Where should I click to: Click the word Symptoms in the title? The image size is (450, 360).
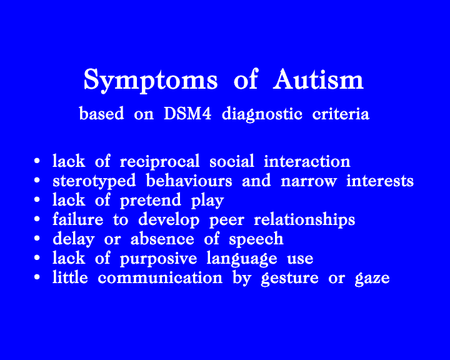tap(151, 81)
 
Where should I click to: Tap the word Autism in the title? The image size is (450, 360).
tap(318, 79)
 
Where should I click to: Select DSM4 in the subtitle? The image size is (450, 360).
tap(187, 114)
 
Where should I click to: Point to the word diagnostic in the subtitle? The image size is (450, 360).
tap(262, 114)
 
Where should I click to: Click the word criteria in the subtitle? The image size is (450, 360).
tap(341, 114)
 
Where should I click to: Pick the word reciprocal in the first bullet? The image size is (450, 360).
tap(159, 162)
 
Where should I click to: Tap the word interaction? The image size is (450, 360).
tap(307, 161)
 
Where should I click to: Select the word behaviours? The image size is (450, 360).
tap(189, 181)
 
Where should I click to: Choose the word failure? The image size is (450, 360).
tap(77, 219)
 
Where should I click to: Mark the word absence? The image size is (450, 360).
tap(162, 239)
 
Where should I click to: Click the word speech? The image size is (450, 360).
tap(256, 240)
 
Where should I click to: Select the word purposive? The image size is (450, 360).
tap(158, 259)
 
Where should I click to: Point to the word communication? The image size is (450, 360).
tap(160, 278)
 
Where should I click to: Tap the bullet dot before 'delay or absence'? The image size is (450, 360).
tap(37, 238)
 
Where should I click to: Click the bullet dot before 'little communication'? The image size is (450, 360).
tap(37, 277)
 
